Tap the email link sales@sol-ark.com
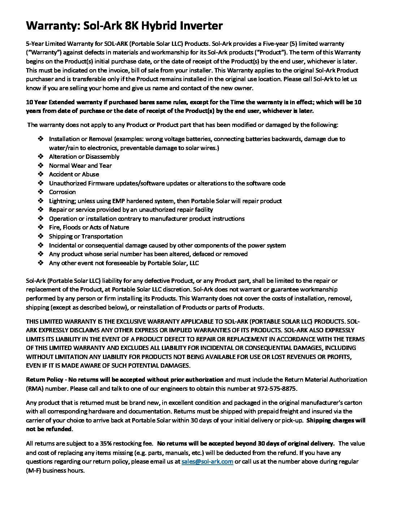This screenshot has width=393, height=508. (x=207, y=461)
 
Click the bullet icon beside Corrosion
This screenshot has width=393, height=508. (x=41, y=192)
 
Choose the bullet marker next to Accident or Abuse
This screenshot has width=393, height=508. (x=41, y=174)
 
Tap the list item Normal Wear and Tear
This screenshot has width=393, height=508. (x=80, y=166)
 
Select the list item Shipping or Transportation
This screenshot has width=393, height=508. (x=86, y=236)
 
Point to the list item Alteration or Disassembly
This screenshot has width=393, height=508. (x=84, y=157)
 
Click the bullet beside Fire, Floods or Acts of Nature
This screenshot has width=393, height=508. (x=41, y=227)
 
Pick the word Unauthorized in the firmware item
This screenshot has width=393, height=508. (x=68, y=183)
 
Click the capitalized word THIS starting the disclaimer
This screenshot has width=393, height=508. (x=33, y=321)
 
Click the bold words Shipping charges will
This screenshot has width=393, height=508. (x=336, y=420)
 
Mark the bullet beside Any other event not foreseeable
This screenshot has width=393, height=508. (x=41, y=263)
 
